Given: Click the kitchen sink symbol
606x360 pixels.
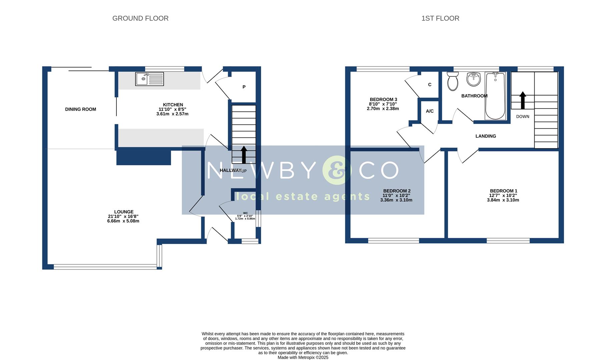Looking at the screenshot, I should pyautogui.click(x=149, y=79).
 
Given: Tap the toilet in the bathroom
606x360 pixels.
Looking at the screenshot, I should pyautogui.click(x=453, y=81).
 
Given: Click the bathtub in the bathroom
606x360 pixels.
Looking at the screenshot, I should pyautogui.click(x=495, y=96).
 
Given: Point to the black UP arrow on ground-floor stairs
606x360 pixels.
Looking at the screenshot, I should pyautogui.click(x=243, y=154).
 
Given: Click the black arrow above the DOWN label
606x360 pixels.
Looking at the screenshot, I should pyautogui.click(x=522, y=100).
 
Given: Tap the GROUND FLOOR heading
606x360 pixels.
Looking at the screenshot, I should pyautogui.click(x=140, y=18).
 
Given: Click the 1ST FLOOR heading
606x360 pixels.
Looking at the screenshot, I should pyautogui.click(x=440, y=18).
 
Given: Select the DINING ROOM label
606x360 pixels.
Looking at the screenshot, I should pyautogui.click(x=80, y=109).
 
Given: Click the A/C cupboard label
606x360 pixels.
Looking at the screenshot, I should pyautogui.click(x=430, y=111).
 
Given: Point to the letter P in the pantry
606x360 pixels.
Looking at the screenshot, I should pyautogui.click(x=244, y=87).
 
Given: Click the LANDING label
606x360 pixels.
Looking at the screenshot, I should pyautogui.click(x=485, y=136).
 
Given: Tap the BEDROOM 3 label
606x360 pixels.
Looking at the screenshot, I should pyautogui.click(x=383, y=99).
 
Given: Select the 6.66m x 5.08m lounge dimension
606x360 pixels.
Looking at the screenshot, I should pyautogui.click(x=123, y=221).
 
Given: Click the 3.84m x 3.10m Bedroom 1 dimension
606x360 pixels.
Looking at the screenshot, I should pyautogui.click(x=503, y=200).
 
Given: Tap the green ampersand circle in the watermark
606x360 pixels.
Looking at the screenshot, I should pyautogui.click(x=337, y=170).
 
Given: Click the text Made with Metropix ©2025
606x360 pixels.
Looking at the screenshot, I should pyautogui.click(x=303, y=357).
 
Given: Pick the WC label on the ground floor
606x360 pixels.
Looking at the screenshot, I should pyautogui.click(x=245, y=213).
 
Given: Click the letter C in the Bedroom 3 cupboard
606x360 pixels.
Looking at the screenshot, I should pyautogui.click(x=430, y=85).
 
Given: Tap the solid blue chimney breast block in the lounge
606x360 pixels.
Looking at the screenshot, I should pyautogui.click(x=143, y=157).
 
